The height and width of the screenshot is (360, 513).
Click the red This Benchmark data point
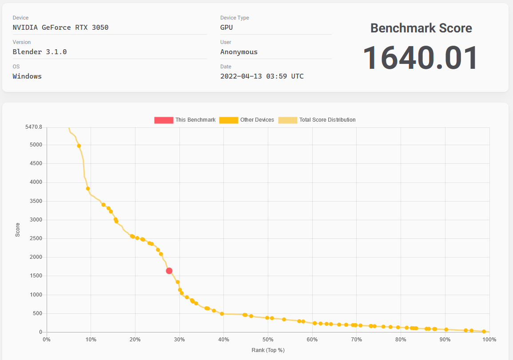(169, 271)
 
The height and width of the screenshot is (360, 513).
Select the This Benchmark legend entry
(185, 120)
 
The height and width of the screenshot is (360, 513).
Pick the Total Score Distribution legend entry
(317, 120)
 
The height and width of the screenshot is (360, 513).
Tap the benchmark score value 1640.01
(420, 58)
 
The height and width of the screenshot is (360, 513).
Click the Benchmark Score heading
(421, 28)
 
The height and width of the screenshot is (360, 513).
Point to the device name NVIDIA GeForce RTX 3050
(61, 28)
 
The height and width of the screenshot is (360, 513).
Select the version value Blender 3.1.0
(40, 52)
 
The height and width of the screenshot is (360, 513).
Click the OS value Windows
(28, 76)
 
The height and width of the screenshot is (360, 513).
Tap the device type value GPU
(227, 28)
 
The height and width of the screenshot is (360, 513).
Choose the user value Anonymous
(239, 52)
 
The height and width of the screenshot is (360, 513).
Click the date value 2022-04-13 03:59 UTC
(262, 76)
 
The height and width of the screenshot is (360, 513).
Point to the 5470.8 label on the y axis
(34, 127)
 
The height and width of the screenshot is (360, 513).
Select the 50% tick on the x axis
(268, 340)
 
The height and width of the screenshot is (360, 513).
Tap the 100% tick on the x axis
(489, 340)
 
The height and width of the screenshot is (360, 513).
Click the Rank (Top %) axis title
(268, 350)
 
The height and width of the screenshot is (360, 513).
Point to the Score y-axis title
(18, 230)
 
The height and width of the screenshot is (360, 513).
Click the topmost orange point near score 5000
(79, 146)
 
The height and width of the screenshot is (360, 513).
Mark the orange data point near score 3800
(88, 189)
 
